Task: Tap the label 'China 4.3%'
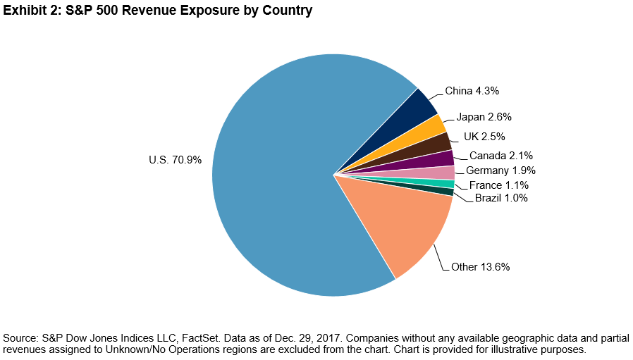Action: click(472, 91)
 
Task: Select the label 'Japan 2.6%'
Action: click(484, 116)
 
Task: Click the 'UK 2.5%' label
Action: click(484, 136)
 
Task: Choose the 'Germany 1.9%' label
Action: click(501, 170)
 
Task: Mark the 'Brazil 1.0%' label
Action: click(501, 198)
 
